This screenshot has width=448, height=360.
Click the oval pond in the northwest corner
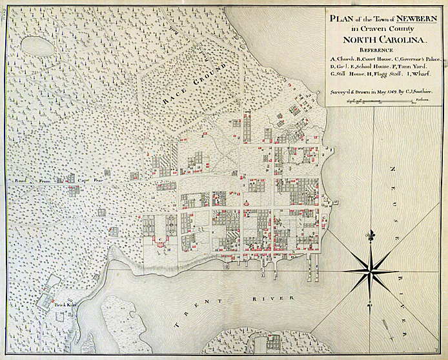34,46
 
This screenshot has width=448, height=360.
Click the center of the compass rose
371,270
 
